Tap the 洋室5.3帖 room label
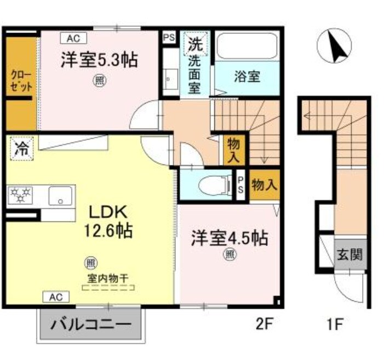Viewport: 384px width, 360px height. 99,60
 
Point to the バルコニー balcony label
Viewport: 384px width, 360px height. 91,324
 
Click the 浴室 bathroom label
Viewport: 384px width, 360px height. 247,77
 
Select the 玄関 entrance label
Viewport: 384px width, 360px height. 350,255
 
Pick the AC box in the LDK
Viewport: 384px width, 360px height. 56,297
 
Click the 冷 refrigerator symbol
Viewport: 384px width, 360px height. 21,148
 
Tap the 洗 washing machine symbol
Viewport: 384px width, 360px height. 195,42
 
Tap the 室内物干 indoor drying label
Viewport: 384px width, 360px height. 108,278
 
